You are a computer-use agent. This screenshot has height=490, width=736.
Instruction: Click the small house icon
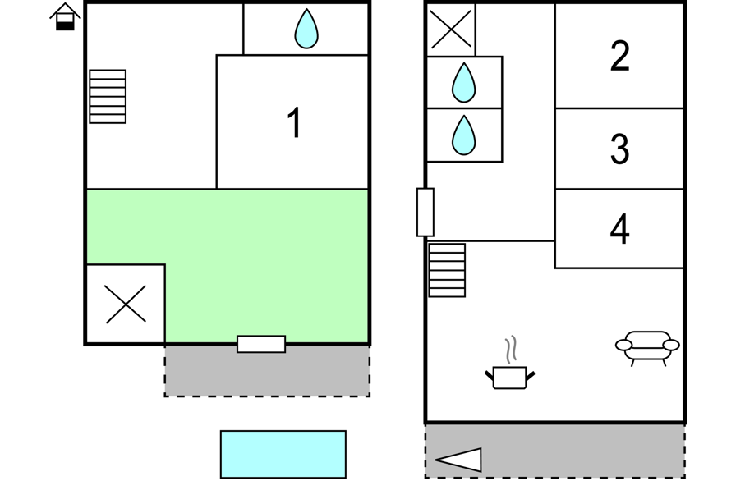65,16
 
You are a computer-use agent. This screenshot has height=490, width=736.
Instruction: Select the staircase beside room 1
108,97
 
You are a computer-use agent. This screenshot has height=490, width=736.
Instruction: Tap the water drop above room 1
306,29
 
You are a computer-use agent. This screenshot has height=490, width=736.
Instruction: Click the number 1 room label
294,124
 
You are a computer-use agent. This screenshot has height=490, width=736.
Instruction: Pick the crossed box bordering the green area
126,305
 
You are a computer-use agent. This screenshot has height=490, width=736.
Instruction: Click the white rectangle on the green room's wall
261,344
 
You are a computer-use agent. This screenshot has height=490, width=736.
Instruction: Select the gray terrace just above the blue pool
267,371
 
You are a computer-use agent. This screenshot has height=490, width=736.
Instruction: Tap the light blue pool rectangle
283,454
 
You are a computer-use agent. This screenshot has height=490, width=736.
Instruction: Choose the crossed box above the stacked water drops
451,30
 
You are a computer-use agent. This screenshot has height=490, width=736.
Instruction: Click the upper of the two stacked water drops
464,83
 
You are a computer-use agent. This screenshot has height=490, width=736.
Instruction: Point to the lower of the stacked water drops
464,135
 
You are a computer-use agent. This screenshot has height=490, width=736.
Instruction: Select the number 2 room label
620,56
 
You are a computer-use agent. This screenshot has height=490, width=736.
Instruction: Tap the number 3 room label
620,149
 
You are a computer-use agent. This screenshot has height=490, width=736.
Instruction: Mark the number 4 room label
620,230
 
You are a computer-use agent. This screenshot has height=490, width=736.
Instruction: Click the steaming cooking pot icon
510,370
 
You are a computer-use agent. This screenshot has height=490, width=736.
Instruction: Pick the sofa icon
647,346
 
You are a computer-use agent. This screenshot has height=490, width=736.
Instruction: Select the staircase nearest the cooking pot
447,270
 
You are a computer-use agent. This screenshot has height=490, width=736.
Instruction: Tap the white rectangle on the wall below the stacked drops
425,213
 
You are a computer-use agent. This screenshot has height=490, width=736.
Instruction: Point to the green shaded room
246,246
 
